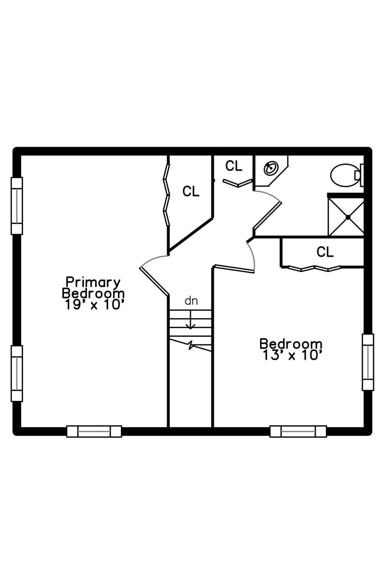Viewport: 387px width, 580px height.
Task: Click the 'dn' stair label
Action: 191,301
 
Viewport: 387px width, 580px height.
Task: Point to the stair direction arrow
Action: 191,319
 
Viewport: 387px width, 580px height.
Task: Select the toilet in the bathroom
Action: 347,175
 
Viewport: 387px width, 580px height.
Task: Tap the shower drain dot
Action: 348,217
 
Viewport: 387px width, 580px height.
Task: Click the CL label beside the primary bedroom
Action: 191,191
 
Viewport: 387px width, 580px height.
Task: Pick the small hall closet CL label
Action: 234,166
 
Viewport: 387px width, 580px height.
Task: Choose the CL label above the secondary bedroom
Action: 325,252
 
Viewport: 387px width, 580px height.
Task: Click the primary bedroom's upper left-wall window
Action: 17,206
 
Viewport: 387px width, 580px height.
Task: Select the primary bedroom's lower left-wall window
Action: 17,373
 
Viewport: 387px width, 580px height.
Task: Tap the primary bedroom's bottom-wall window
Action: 94,431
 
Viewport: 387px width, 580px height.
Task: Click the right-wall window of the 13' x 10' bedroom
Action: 368,362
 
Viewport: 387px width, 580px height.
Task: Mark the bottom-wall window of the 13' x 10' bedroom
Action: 298,431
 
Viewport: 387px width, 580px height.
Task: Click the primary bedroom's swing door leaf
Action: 155,281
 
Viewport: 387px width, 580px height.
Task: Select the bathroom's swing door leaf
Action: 267,215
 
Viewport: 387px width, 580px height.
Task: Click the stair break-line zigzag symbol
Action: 191,345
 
